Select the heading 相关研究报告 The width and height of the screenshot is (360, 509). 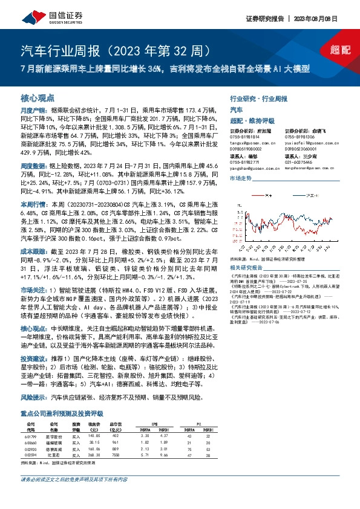pos(250,267)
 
